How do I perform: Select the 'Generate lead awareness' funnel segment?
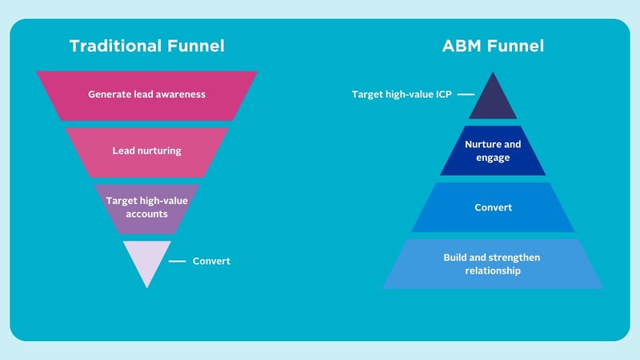click(x=146, y=94)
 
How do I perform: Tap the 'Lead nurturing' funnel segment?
click(x=146, y=150)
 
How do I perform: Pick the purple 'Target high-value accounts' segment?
click(x=146, y=207)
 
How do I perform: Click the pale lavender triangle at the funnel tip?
click(x=146, y=259)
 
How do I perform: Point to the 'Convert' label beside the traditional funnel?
click(x=211, y=261)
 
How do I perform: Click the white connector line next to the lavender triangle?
click(x=178, y=261)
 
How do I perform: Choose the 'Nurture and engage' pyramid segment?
click(x=493, y=150)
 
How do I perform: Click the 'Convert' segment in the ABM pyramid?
click(x=493, y=208)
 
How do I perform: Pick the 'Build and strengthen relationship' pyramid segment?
click(x=493, y=264)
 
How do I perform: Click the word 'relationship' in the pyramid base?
click(x=493, y=271)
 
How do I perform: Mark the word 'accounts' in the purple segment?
click(x=146, y=214)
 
